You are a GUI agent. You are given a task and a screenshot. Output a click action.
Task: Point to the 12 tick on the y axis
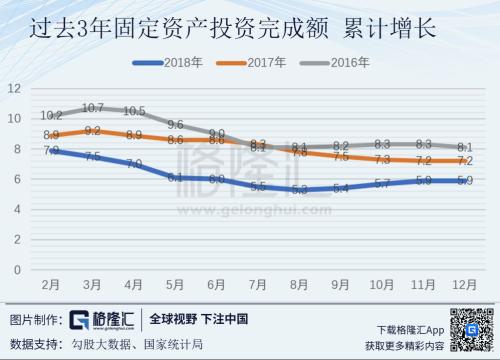[15, 88]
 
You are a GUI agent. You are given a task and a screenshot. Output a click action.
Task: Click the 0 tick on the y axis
[18, 270]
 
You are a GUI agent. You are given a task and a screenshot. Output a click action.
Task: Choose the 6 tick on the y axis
[18, 179]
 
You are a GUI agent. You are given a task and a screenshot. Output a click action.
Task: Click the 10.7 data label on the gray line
[94, 107]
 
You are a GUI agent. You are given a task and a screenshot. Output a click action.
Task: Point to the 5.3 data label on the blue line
[299, 189]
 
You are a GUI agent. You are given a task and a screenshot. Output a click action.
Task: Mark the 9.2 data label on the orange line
[94, 130]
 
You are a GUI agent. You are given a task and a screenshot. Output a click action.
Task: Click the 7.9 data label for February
[52, 150]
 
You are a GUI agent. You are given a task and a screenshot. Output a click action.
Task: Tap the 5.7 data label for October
[381, 183]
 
